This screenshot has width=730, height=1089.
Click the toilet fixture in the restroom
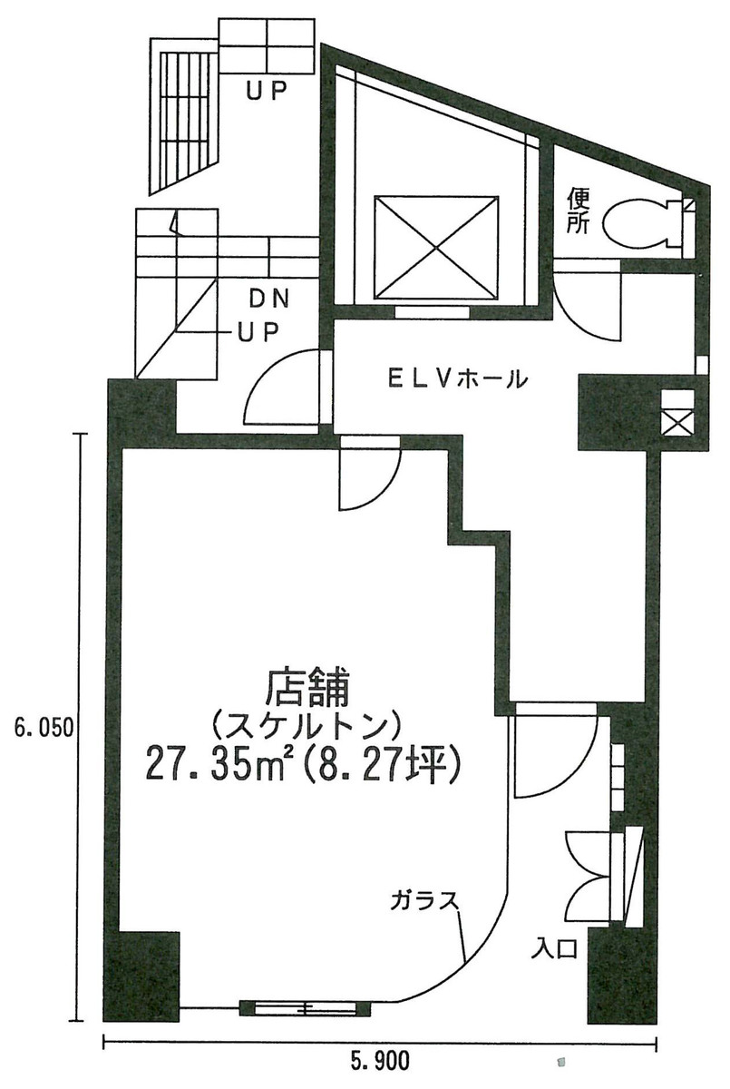click(638, 220)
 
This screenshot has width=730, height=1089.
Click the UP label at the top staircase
click(267, 89)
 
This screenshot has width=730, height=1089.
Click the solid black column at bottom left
click(145, 973)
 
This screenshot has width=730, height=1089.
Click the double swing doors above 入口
click(589, 876)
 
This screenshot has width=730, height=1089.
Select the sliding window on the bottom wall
click(305, 1007)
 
